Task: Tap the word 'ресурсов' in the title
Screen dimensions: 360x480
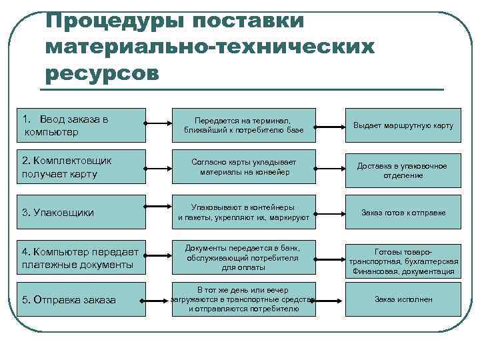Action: [x=103, y=72]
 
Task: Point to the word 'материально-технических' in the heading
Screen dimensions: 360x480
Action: [x=211, y=47]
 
